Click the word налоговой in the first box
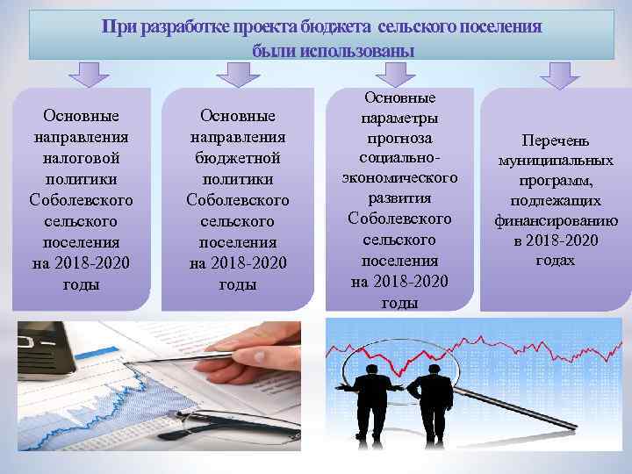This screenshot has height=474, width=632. (81, 158)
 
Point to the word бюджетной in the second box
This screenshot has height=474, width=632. (238, 158)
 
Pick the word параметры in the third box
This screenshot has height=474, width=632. (399, 118)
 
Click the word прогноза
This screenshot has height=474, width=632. (399, 139)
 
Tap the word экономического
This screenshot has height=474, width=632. (399, 178)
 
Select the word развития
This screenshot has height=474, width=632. (399, 197)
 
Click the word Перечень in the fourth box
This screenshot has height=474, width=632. (556, 140)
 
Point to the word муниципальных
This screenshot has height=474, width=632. (556, 161)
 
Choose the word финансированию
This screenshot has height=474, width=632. (556, 220)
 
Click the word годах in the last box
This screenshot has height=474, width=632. (556, 260)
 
